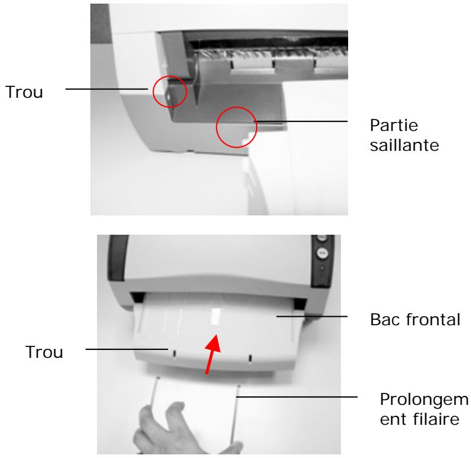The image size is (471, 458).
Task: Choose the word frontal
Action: coord(423,317)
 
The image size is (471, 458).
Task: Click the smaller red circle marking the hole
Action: coord(169,91)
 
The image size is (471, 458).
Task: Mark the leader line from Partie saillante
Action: coord(301,121)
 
